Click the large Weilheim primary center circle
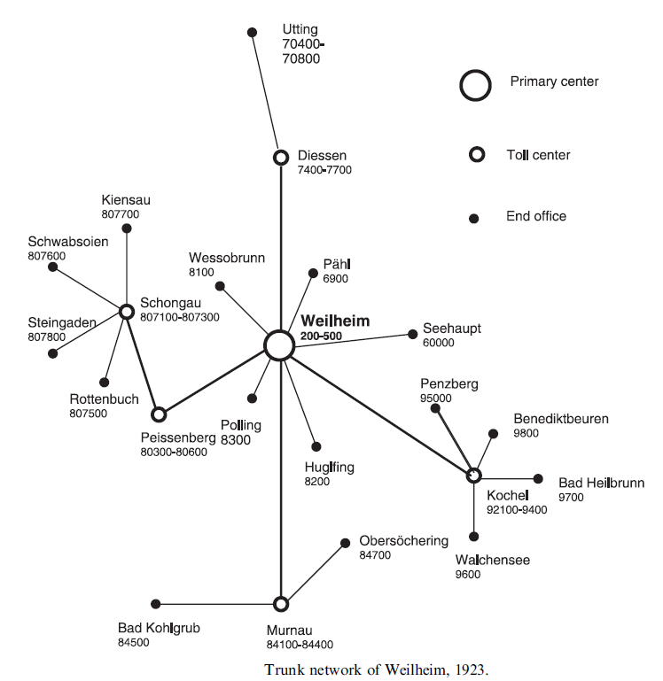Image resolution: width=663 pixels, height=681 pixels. click(279, 345)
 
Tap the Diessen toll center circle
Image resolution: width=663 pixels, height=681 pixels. click(281, 158)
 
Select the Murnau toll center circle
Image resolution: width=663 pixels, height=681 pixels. click(281, 604)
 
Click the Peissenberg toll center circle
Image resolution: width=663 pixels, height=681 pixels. click(159, 414)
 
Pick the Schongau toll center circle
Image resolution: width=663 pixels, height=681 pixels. click(127, 311)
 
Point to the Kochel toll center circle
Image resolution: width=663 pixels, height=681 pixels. click(474, 476)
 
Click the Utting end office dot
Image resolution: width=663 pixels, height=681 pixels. click(252, 33)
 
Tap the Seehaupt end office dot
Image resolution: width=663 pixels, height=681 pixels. click(413, 334)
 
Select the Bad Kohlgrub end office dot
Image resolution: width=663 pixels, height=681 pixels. click(156, 604)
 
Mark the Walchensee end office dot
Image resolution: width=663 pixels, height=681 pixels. click(474, 536)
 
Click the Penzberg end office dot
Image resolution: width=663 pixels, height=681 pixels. click(435, 408)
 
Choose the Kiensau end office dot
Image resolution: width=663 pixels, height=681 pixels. click(127, 228)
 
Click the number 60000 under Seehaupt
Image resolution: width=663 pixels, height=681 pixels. click(438, 343)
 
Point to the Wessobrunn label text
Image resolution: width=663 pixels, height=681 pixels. click(227, 258)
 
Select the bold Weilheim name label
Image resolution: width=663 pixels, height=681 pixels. click(335, 321)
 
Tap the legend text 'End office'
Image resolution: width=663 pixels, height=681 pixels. click(536, 216)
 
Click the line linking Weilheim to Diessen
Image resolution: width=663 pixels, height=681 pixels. click(281, 248)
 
